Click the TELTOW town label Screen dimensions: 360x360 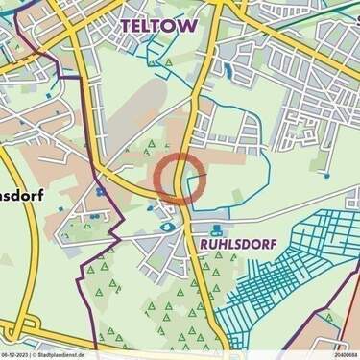coord(160,27)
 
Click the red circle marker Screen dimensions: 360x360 coord(180,177)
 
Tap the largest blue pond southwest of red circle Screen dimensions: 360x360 coord(169,227)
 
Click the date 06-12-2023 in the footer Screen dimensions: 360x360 coord(19,354)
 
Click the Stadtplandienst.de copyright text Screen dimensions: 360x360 coord(67,354)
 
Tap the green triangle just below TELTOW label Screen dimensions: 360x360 coord(169,61)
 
